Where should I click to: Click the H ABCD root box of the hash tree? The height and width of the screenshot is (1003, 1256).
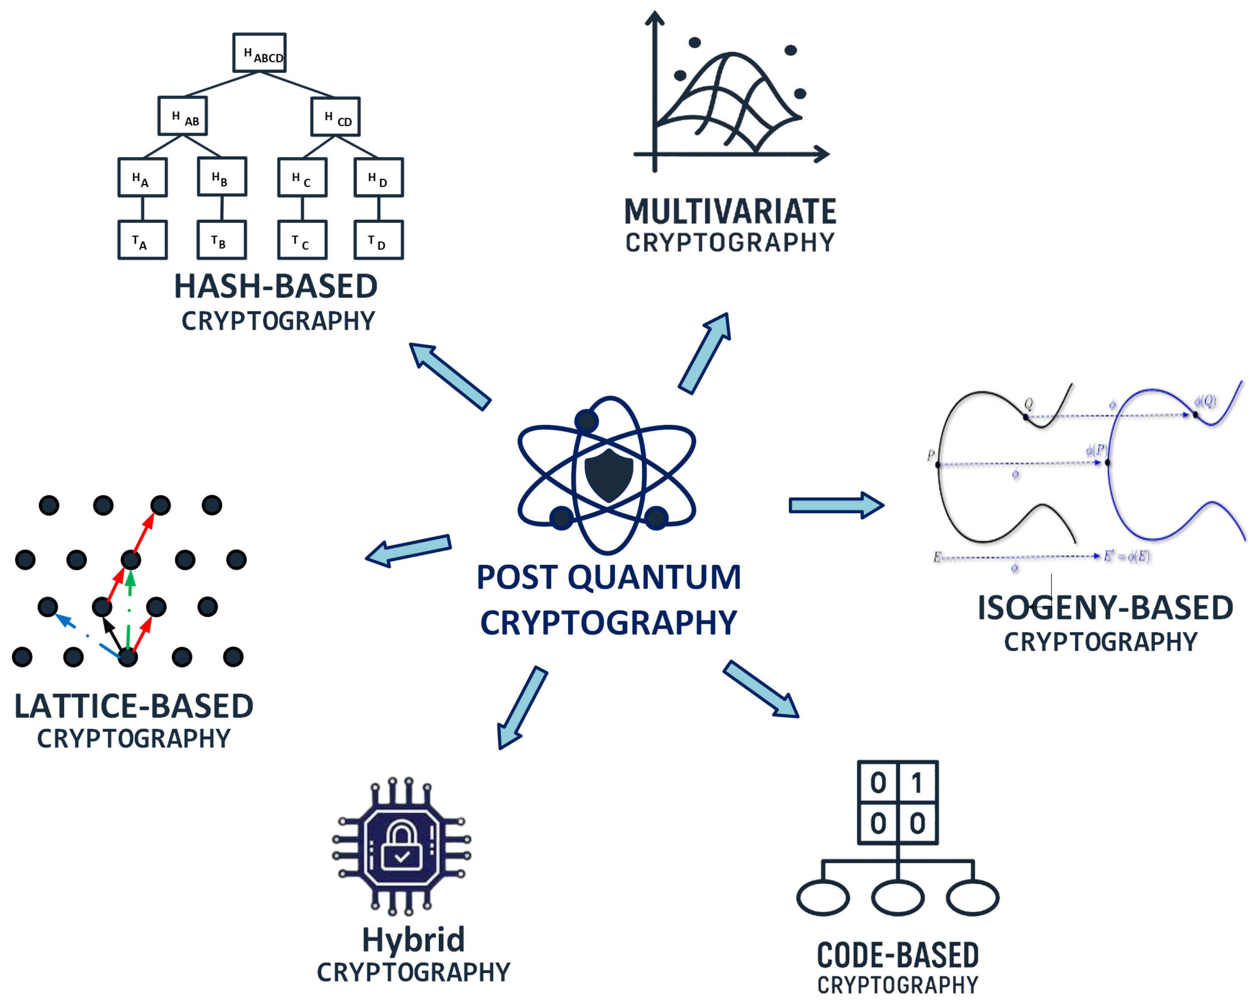pos(259,53)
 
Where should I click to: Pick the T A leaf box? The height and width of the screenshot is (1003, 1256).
pos(142,240)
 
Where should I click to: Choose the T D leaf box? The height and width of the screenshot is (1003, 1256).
pos(378,240)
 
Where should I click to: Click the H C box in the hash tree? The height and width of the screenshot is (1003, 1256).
pos(302,177)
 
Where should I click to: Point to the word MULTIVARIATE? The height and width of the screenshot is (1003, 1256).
pos(730,211)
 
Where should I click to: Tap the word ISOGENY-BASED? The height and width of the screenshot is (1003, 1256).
pos(1105,607)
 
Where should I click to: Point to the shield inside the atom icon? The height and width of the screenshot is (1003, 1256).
pos(609,474)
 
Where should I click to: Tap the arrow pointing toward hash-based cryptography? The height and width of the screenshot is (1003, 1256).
pos(449,375)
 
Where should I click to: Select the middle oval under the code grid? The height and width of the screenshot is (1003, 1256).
pos(897,897)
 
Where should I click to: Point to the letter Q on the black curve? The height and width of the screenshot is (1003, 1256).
pos(1029,403)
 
